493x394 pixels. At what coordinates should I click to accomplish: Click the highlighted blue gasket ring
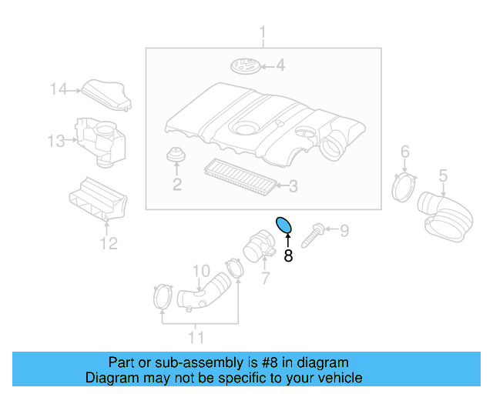tap(284, 225)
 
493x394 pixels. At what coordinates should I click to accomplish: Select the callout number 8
tap(288, 256)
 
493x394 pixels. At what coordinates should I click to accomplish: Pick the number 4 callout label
tap(280, 66)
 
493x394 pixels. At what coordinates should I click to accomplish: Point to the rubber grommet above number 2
tap(177, 156)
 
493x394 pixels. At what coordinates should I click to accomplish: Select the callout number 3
tap(292, 185)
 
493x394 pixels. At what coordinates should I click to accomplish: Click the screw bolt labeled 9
tap(315, 233)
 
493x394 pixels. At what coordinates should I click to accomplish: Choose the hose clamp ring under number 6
tap(404, 187)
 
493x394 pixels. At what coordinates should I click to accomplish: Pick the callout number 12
tap(109, 244)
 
